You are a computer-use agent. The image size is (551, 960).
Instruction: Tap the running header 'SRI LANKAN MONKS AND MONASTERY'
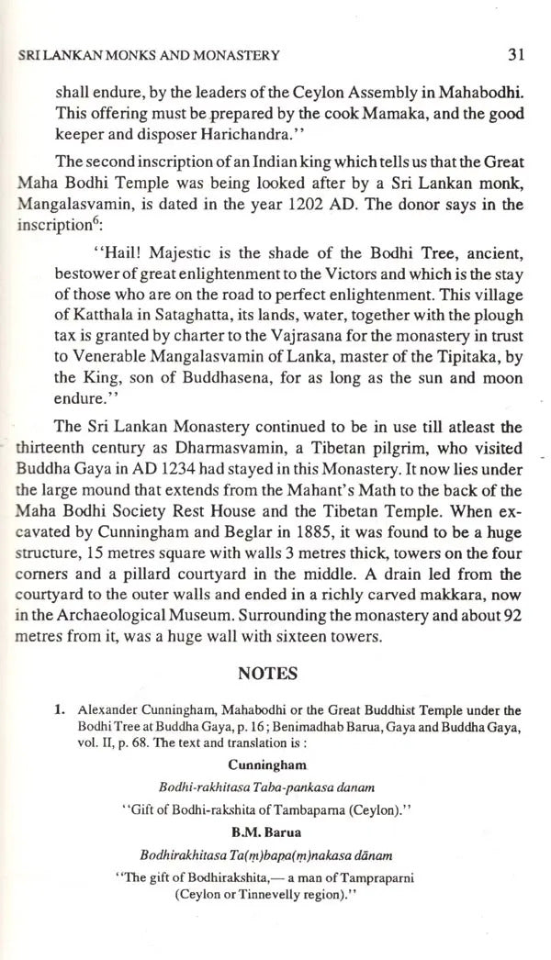coord(150,56)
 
